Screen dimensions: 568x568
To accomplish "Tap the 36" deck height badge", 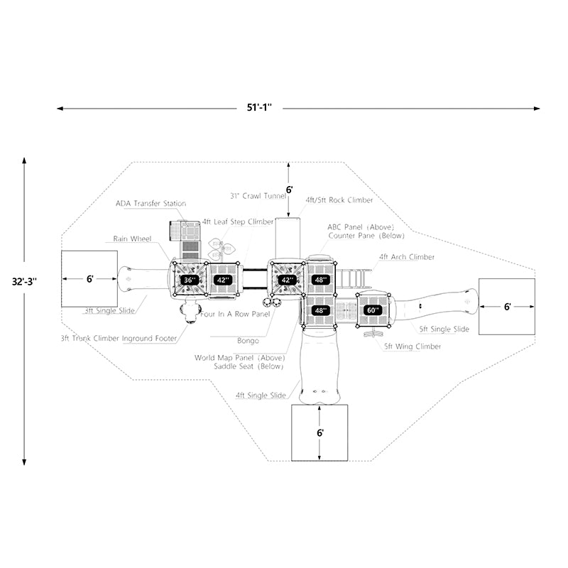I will [x=190, y=280].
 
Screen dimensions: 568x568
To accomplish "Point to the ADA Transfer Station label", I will [x=151, y=204].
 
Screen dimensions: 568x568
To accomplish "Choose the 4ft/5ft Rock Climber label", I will [x=339, y=200].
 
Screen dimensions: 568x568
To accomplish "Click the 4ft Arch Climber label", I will [x=406, y=257].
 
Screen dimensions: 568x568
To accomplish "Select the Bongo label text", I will [x=249, y=341].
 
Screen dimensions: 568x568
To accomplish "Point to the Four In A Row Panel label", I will [x=235, y=313].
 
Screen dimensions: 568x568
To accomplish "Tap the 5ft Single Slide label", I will [x=443, y=329].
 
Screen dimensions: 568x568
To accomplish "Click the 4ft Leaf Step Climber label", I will [x=238, y=222].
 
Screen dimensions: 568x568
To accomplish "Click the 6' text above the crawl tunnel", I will [x=289, y=190].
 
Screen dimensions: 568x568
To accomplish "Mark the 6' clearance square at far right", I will [x=507, y=307].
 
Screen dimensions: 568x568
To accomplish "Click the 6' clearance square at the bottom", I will [x=320, y=432].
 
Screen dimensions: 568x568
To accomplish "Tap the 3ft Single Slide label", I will [x=108, y=311].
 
